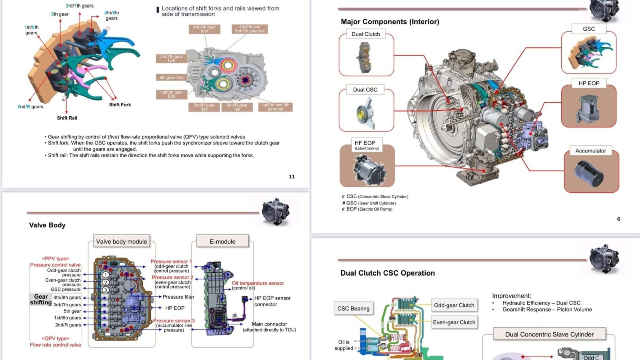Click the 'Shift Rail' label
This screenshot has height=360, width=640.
67,118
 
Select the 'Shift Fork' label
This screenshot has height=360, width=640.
120,105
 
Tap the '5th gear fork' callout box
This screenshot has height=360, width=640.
171,78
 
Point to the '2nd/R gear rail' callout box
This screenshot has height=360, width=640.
237,107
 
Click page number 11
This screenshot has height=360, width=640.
292,176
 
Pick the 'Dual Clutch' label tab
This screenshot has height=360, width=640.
366,34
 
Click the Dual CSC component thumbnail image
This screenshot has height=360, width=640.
366,114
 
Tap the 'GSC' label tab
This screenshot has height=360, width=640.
589,29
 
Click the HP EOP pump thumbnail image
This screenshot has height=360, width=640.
588,108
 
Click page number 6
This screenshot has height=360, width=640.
618,219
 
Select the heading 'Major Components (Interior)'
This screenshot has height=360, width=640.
390,22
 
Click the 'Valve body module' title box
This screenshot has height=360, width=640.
122,242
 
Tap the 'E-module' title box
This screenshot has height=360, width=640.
222,242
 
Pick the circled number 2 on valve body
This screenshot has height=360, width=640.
106,282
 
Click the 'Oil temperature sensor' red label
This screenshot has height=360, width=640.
258,283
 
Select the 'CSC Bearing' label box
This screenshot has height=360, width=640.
354,308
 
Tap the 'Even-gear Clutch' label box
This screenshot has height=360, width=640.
454,322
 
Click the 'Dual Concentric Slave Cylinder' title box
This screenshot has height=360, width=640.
549,334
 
